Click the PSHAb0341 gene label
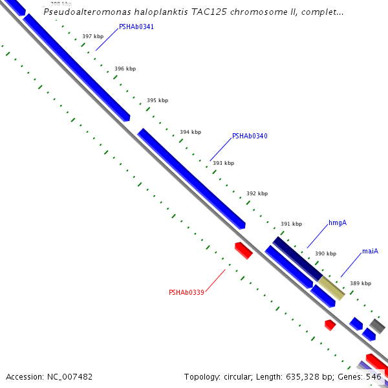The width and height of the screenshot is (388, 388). pos(136,27)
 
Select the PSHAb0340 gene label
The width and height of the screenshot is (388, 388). pos(250,136)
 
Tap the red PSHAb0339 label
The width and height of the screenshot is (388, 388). pos(186,292)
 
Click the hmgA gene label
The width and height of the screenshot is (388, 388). pos(338,223)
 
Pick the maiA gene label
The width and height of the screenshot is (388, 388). pos(370,251)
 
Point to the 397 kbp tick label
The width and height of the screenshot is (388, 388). pos(93,37)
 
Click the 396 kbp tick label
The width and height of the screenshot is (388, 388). pos(125,69)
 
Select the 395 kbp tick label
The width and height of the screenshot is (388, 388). pos(157,100)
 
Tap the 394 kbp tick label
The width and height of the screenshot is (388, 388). pos(190,132)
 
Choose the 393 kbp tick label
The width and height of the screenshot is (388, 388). pos(223,163)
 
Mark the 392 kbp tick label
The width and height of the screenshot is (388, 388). pos(257,193)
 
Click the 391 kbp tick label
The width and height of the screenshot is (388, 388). pos(291,224)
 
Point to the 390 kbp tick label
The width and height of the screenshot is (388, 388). pos(325,253)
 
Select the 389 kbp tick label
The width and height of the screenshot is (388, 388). pos(360,283)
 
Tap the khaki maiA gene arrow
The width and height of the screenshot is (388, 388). pos(331,288)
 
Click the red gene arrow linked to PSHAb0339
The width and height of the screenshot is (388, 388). pos(243,250)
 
